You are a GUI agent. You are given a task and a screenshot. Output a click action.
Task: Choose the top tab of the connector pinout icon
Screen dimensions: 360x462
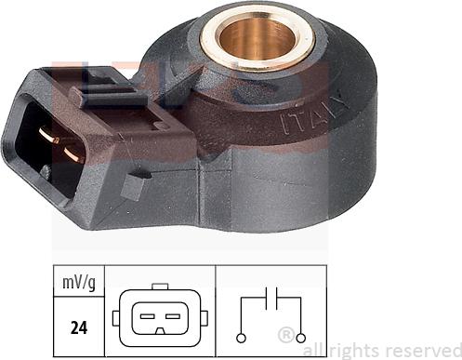(160, 288)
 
